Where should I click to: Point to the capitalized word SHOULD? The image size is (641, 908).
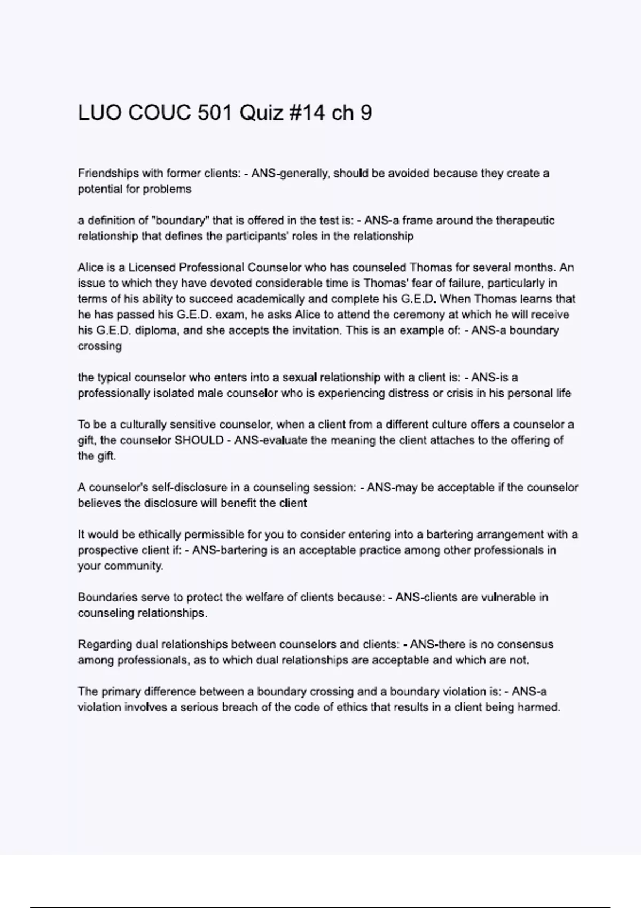point(199,441)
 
